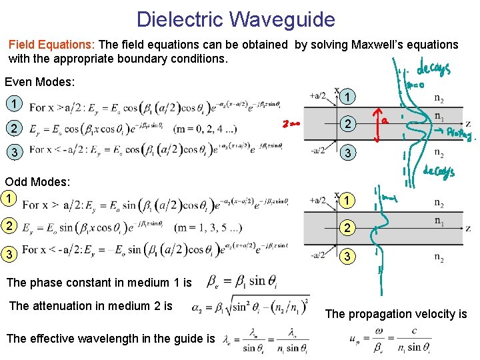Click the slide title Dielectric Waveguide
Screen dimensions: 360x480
pos(235,19)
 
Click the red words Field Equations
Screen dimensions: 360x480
pos(52,45)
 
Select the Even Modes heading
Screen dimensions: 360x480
pos(39,83)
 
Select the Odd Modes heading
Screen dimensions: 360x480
pos(37,182)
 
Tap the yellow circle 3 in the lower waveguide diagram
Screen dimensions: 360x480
pos(345,256)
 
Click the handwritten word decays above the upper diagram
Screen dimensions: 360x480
pos(433,69)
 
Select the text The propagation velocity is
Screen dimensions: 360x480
pos(396,313)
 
